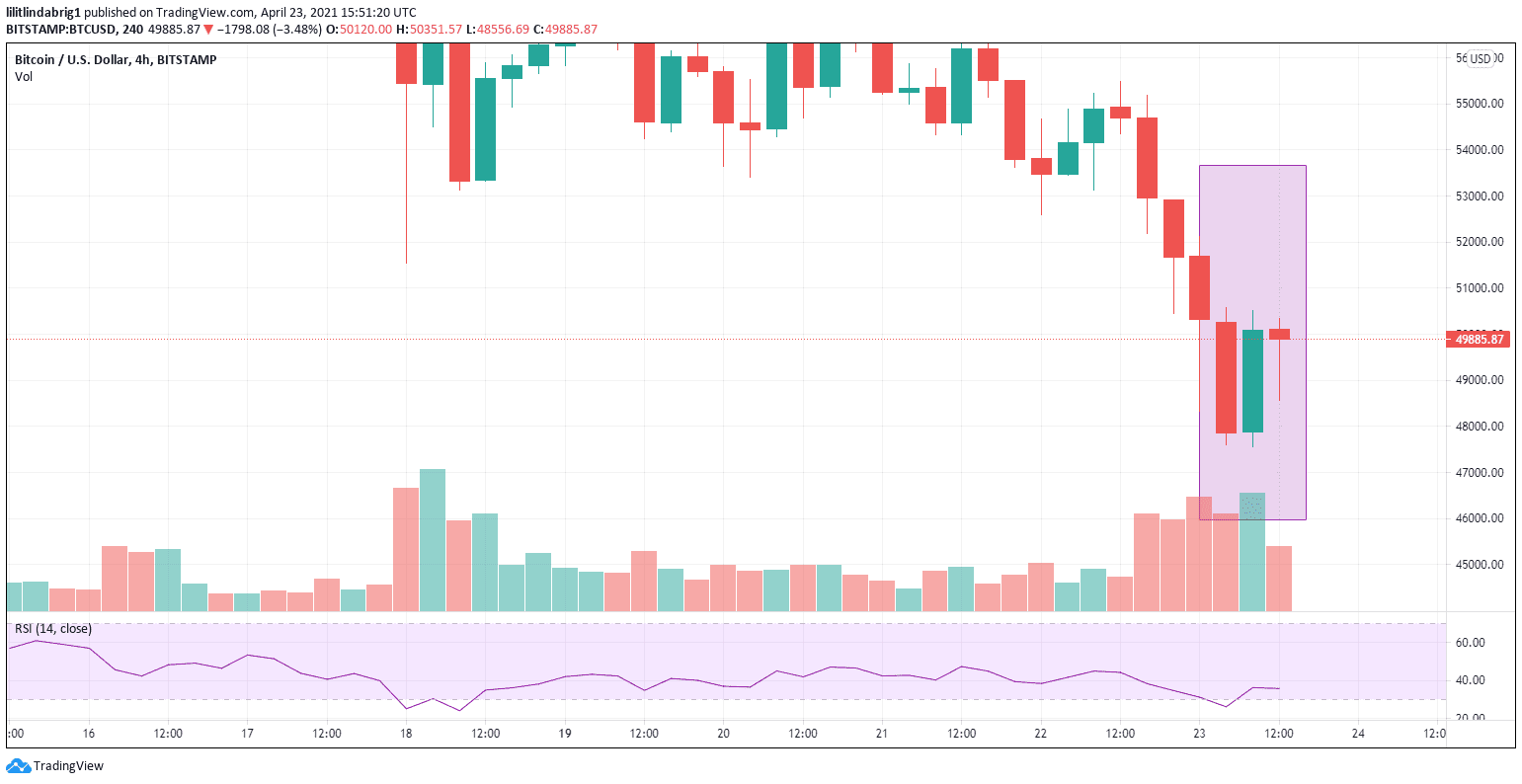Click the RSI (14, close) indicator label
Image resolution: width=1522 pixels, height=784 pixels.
pos(53,629)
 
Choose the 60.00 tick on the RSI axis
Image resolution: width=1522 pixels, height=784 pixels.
pos(1471,643)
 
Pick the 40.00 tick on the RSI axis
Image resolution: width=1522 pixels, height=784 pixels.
pos(1471,680)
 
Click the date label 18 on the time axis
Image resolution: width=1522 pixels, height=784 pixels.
pos(405,734)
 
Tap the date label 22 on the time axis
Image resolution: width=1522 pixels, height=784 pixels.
pos(1040,734)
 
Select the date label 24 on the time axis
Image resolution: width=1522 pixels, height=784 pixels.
pos(1358,734)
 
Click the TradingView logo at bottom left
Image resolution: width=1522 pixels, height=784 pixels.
pos(56,766)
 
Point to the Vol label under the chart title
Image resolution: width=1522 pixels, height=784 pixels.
pos(24,77)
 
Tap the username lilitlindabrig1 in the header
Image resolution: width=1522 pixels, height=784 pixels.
pos(43,13)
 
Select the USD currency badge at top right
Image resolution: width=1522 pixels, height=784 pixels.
pos(1480,59)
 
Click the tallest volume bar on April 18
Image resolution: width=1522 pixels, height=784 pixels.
pos(432,539)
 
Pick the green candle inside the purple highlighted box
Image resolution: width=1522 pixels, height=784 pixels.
pos(1252,381)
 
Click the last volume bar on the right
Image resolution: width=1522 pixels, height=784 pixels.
pos(1279,578)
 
